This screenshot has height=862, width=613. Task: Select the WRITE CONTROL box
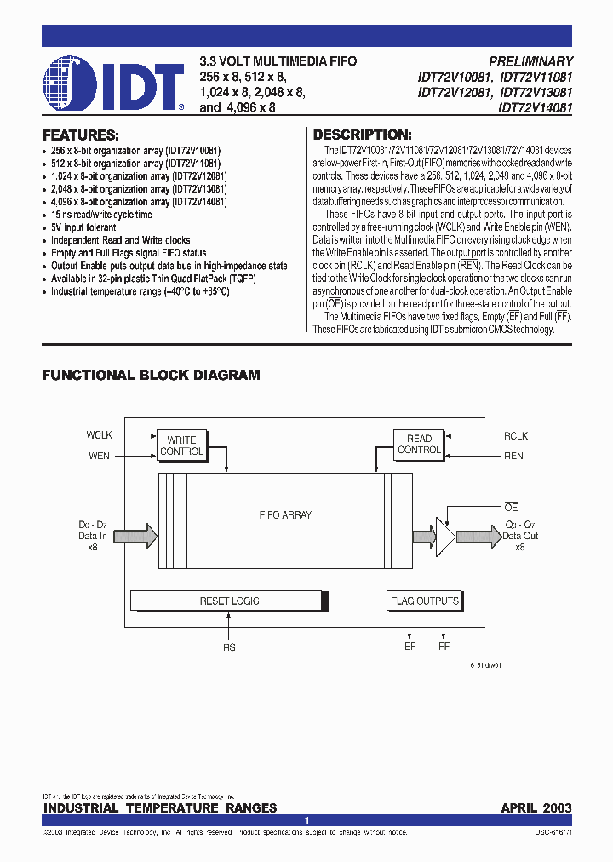coord(182,445)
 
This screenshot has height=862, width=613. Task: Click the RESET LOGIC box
coord(229,601)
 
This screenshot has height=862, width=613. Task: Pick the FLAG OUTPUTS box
coord(424,601)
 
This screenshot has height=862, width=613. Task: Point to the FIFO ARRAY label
coord(285,514)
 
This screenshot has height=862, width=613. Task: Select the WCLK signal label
coord(100,435)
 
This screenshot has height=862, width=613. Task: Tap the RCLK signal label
coord(515,435)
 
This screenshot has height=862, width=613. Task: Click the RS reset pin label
coord(229,647)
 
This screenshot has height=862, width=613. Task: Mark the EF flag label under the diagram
coord(410,647)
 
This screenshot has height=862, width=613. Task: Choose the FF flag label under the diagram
coord(444,647)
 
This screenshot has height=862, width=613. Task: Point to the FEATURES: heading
coord(81,135)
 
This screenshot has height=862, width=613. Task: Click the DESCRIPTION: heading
coord(363,135)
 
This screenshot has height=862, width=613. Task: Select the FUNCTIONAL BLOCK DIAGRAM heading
coord(151,375)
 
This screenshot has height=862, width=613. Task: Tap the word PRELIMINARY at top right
coord(530,61)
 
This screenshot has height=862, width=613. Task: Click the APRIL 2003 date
coord(536,807)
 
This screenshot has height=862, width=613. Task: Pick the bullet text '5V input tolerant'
coord(83,227)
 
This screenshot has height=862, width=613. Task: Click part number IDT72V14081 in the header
coord(536,108)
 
